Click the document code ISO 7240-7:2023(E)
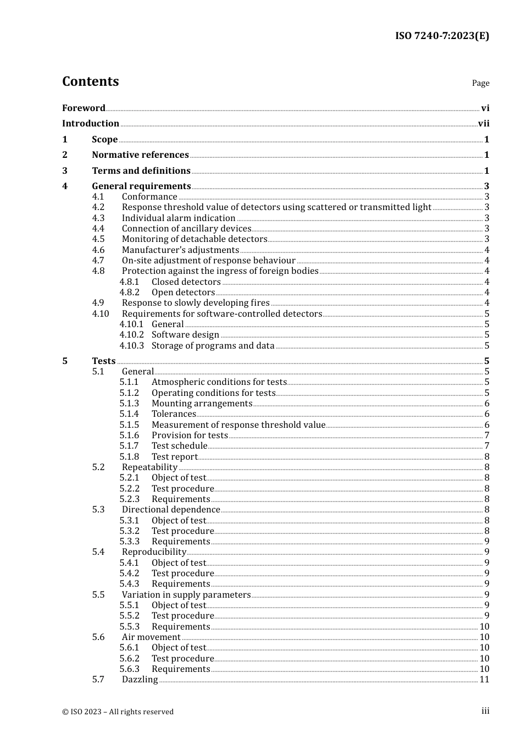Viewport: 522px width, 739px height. [442, 36]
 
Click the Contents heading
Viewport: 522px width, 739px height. [90, 81]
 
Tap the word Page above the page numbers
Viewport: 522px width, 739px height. [480, 83]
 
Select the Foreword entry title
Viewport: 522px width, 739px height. [84, 108]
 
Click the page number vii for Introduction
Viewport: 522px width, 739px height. [484, 124]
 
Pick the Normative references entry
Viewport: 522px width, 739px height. [140, 155]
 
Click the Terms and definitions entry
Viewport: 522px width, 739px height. [141, 171]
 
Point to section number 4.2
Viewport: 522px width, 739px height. [98, 207]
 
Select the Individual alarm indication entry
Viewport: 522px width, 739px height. [179, 218]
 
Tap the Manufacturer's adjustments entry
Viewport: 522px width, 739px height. [180, 250]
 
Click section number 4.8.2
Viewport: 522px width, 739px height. [130, 293]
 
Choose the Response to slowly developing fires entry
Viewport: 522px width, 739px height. [196, 303]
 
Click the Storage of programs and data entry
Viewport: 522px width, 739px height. [213, 346]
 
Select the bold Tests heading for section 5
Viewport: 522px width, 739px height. [104, 361]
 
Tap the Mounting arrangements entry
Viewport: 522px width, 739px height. [202, 404]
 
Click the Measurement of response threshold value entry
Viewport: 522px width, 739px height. [238, 425]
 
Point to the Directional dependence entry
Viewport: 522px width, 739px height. [171, 510]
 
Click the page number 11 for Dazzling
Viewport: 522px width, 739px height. [484, 680]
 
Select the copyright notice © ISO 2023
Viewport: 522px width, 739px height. [118, 712]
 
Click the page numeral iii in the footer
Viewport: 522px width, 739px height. [485, 711]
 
